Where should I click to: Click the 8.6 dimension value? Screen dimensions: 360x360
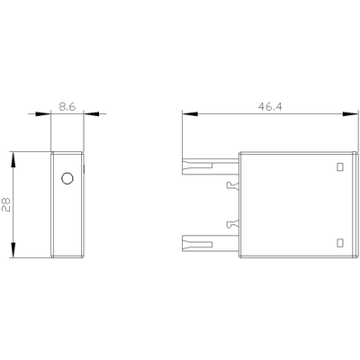(x=67, y=104)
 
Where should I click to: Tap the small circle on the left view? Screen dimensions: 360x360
(x=66, y=179)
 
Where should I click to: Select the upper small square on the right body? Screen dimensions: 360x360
(x=339, y=166)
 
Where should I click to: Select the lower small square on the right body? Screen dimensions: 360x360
(x=339, y=241)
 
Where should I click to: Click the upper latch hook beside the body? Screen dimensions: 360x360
(x=233, y=186)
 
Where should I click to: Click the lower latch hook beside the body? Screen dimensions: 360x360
(x=233, y=221)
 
